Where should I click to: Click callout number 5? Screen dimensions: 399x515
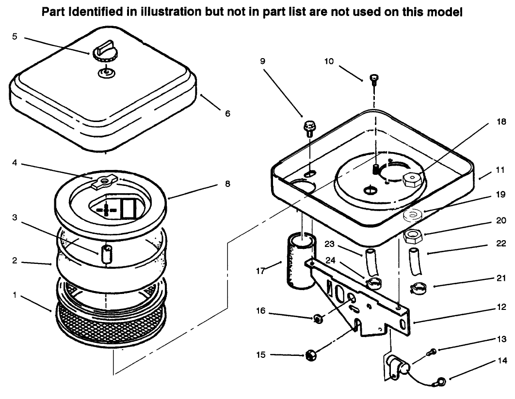point(15,37)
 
